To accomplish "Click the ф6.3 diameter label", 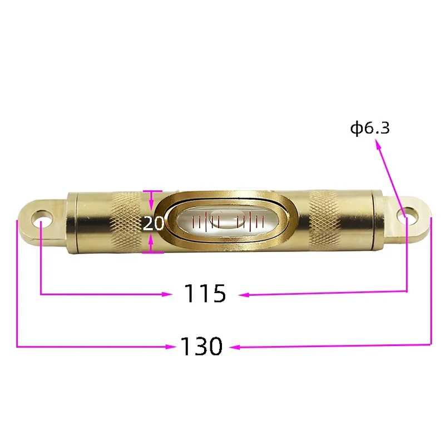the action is coord(370,128).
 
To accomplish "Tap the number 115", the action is coord(205,293).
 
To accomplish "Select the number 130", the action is coord(201,346).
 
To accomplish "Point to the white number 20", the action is coord(154,223).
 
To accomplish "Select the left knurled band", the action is coord(126,220).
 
